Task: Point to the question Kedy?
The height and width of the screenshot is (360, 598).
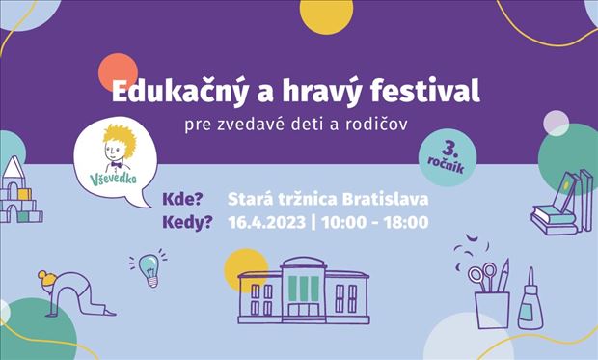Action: [x=191, y=223]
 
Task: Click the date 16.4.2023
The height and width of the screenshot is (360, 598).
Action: [x=266, y=223]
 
